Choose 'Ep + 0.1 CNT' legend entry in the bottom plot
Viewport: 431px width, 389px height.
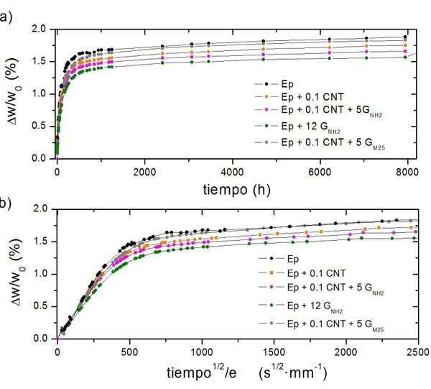tap(309, 272)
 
